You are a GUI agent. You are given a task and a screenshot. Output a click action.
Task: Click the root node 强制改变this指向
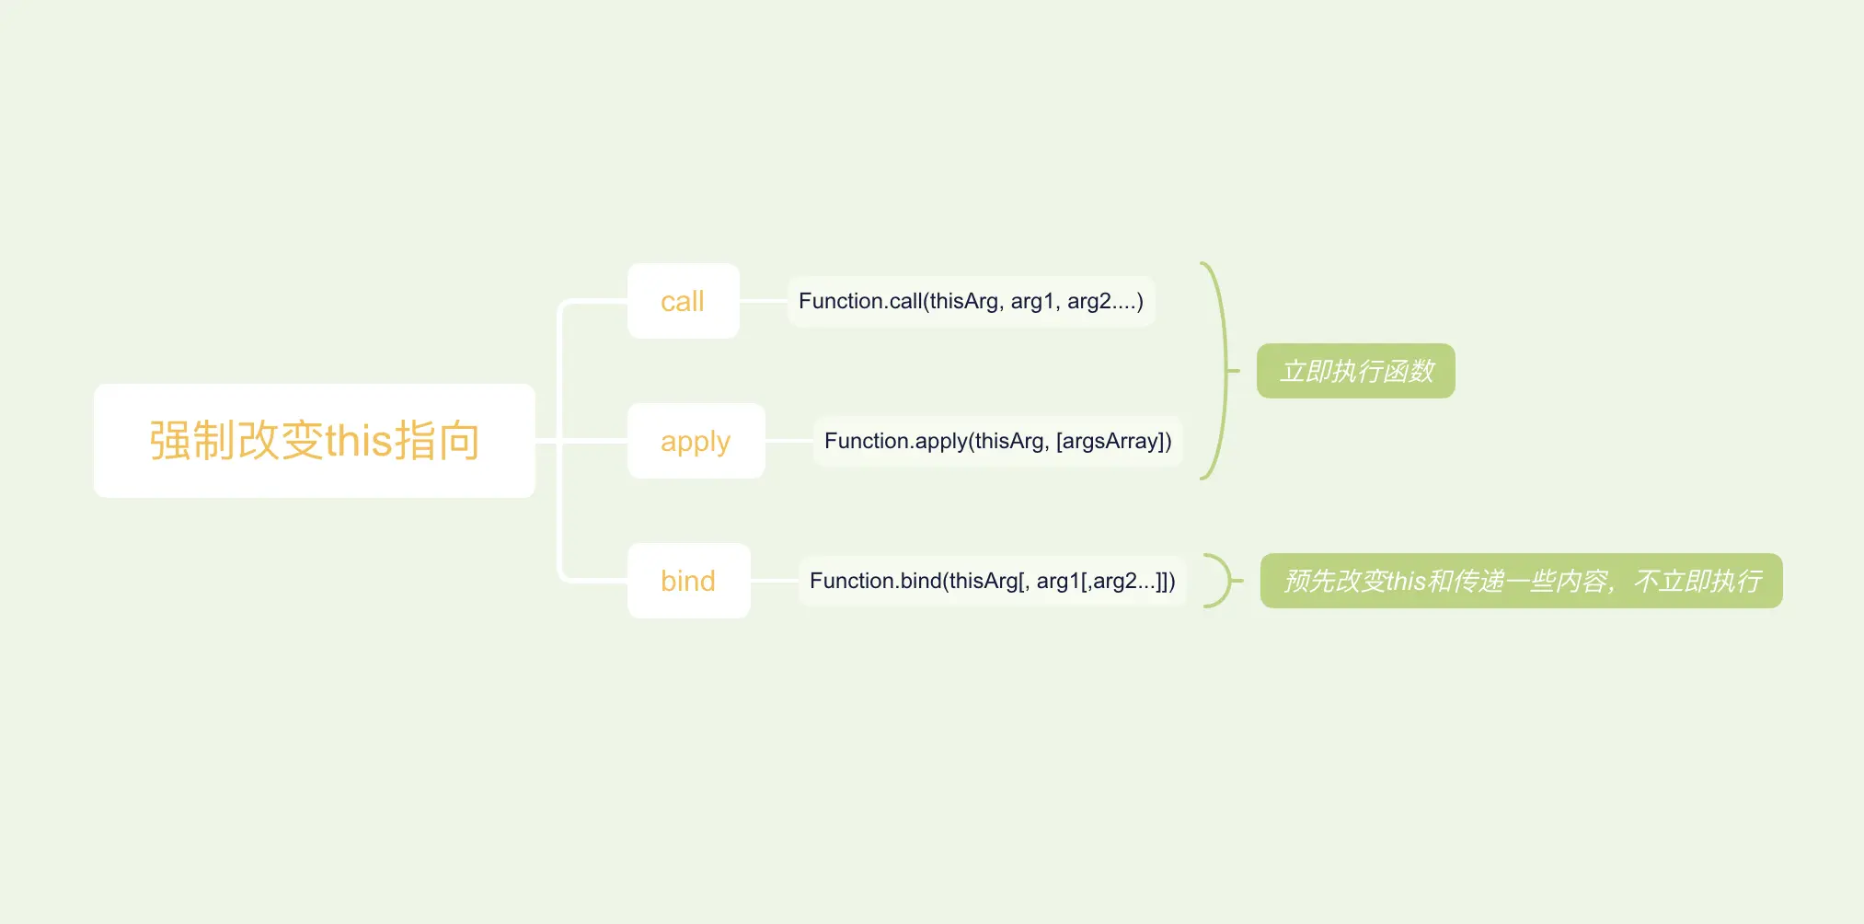point(315,441)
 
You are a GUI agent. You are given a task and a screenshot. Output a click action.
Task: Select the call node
point(684,301)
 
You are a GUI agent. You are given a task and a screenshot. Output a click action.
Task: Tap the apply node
point(696,441)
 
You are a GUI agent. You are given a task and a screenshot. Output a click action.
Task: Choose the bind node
point(689,581)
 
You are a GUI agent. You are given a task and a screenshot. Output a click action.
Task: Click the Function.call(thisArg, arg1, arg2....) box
point(972,301)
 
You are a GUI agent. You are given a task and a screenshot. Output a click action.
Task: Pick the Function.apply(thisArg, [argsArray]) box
point(998,441)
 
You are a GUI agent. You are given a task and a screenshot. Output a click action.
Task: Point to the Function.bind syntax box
point(993,581)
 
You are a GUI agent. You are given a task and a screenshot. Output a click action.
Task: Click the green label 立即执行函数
point(1356,371)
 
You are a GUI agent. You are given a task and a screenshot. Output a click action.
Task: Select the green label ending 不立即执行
point(1522,581)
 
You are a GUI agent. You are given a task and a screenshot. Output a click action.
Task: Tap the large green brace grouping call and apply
point(1225,371)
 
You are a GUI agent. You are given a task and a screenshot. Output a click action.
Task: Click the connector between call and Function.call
point(764,301)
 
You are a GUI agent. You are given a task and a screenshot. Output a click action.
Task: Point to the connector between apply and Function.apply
point(789,441)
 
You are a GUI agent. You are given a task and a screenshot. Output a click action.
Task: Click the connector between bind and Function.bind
point(775,581)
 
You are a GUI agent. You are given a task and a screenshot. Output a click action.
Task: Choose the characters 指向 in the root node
point(438,440)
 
